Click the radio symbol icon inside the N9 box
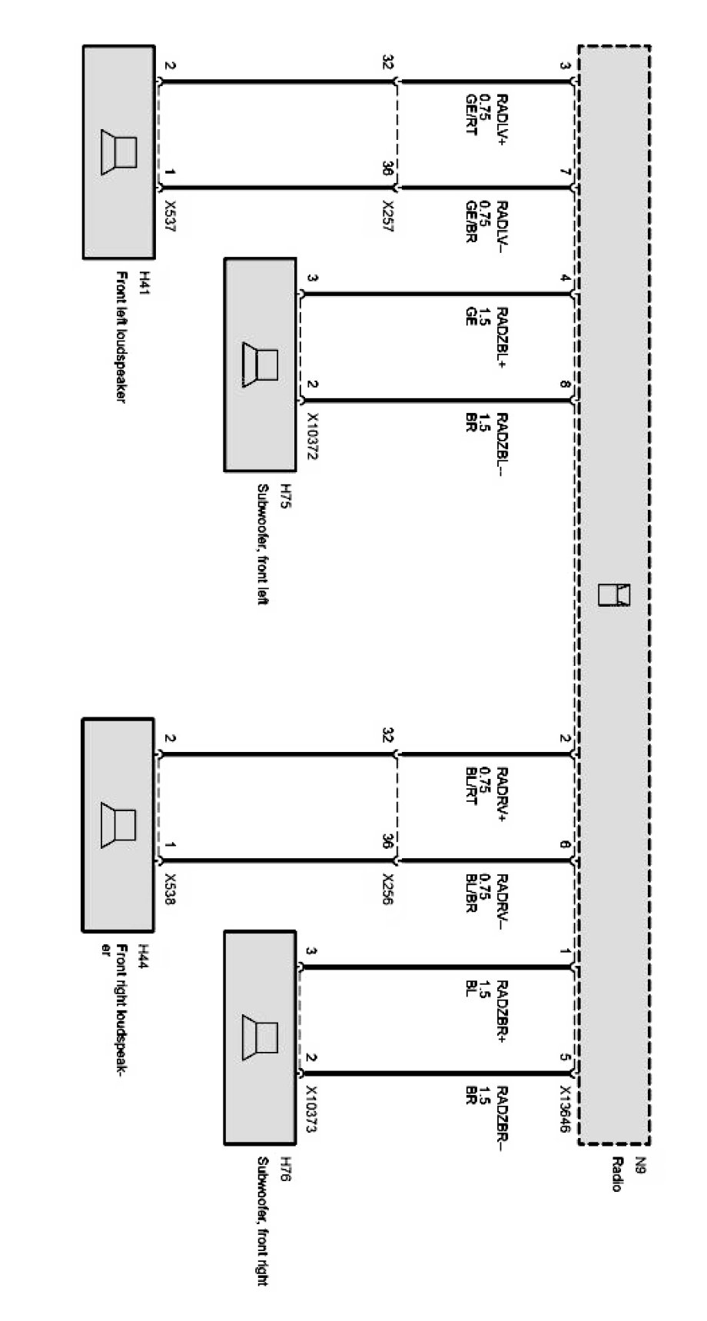[x=613, y=595]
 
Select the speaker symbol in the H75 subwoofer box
[x=261, y=364]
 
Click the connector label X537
[x=171, y=218]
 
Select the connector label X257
[x=388, y=218]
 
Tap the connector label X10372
[x=312, y=435]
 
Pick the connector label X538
[x=171, y=890]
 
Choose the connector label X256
[x=388, y=890]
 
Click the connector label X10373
[x=312, y=1109]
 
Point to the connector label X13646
[x=565, y=1109]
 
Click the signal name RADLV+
[x=502, y=119]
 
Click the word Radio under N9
[x=616, y=1174]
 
